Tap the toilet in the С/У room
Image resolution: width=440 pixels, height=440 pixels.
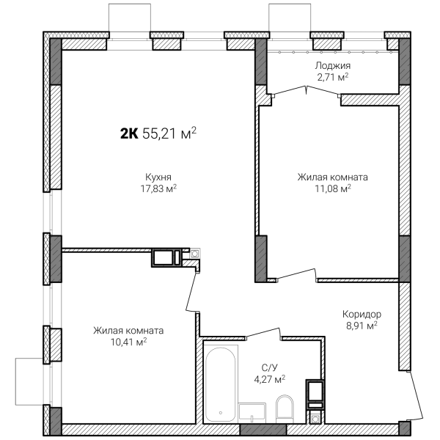point(285,409)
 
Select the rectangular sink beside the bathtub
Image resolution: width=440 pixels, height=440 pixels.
point(252,413)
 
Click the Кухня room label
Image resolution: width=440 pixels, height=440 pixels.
point(158,177)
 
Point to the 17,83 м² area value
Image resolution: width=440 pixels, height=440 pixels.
point(158,188)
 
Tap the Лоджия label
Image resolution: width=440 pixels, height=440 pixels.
point(332,66)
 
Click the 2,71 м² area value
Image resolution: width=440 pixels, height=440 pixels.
point(333,77)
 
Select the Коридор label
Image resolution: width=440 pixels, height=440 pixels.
point(362,314)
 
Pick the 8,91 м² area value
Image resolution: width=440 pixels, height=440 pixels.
point(362,326)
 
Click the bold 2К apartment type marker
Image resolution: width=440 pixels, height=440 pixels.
point(129,133)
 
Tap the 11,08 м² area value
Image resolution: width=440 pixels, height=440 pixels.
point(333,188)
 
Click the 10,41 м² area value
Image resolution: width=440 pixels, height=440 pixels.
point(129,342)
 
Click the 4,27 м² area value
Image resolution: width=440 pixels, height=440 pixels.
point(269,379)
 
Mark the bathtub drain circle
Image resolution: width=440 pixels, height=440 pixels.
point(221,413)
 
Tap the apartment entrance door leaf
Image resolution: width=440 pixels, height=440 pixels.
point(417,395)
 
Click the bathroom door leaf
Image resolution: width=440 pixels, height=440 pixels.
point(264,332)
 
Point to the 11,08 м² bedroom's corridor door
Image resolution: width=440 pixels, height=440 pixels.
point(296,274)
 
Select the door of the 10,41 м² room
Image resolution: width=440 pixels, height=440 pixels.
point(192,292)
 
